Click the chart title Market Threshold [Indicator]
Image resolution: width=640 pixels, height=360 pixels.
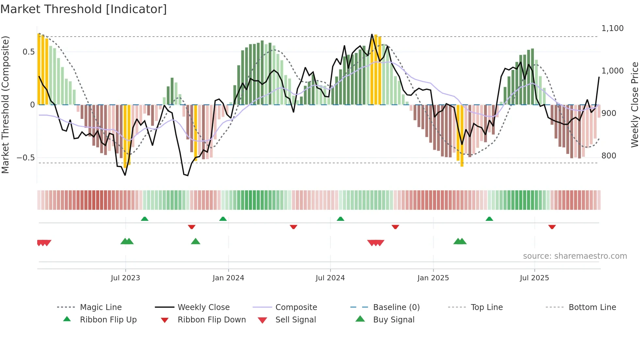click(84, 9)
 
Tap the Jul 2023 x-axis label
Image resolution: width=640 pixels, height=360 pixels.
click(125, 278)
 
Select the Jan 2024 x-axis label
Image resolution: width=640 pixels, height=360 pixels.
click(228, 278)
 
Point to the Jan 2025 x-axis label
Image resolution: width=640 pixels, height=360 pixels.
click(433, 278)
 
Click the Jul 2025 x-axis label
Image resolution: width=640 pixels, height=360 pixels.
click(534, 278)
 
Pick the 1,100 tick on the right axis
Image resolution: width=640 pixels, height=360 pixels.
click(612, 28)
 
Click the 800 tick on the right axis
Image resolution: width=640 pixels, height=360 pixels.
click(609, 156)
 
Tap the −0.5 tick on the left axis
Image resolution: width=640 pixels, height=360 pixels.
click(26, 158)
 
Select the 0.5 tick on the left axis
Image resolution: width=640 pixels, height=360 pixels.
click(28, 52)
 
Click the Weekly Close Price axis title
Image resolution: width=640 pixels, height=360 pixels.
click(634, 105)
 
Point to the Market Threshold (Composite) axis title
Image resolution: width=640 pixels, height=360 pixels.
click(5, 105)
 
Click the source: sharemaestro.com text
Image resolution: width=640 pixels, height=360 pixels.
click(575, 256)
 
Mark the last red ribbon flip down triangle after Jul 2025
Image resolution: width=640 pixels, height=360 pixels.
click(552, 227)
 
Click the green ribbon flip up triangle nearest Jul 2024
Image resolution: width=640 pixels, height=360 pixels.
click(340, 219)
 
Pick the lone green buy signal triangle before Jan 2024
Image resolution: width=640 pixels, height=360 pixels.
click(195, 241)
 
